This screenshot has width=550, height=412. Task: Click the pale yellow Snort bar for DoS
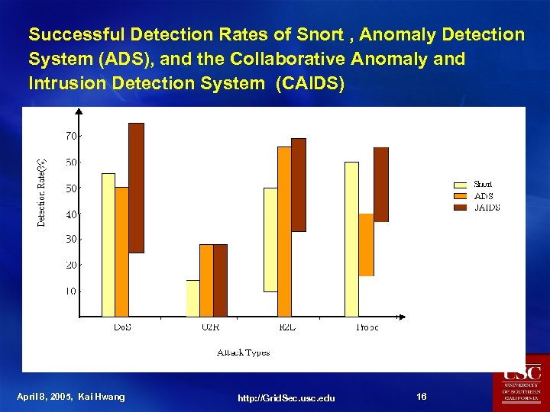(x=108, y=244)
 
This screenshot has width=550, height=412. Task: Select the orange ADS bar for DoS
(x=121, y=252)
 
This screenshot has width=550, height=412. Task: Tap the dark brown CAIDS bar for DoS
(x=136, y=187)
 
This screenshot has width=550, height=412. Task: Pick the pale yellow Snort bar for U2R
(x=192, y=298)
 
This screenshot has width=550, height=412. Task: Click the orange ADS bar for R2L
(x=284, y=229)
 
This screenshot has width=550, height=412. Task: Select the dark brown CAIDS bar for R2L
(x=299, y=185)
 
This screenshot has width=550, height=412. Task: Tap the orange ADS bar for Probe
(x=366, y=244)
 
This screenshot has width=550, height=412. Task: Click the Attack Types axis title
(x=243, y=352)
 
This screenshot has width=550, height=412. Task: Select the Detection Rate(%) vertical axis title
(x=43, y=192)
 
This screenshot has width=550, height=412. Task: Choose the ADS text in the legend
(x=483, y=196)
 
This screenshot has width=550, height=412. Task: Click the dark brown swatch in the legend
(x=460, y=207)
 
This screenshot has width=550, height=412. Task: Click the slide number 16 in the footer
(x=422, y=397)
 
